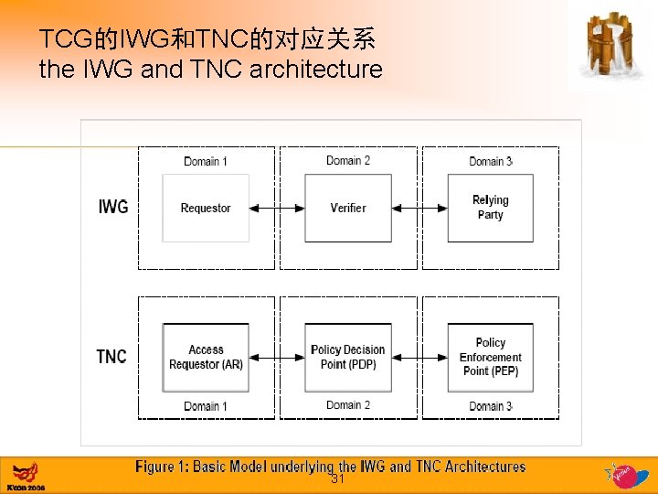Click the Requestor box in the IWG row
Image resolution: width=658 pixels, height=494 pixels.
pos(206,208)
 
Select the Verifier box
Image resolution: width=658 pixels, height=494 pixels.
pos(348,208)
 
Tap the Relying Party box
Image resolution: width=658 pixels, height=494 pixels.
pos(490,208)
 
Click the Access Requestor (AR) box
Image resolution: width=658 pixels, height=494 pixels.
pos(206,357)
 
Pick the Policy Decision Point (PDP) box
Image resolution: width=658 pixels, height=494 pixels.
pos(348,357)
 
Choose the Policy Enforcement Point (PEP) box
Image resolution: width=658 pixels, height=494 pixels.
pos(490,357)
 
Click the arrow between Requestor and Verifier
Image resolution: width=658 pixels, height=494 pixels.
pos(277,209)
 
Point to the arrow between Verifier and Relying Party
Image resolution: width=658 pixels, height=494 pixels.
pos(419,209)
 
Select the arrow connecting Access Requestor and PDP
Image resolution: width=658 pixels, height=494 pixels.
pos(277,358)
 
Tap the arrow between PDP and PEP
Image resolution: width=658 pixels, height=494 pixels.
pos(419,358)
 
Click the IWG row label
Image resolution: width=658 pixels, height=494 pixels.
pos(113,208)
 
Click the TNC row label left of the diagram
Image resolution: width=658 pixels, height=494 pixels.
pos(111,357)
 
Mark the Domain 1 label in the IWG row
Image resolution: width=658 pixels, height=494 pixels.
pos(206,161)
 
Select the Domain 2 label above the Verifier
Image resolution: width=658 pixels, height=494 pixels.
pos(348,160)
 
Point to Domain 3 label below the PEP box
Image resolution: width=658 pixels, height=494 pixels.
pos(491,406)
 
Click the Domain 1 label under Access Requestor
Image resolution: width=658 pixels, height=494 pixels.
pos(206,406)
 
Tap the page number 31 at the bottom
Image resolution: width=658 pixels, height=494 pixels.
pos(337,479)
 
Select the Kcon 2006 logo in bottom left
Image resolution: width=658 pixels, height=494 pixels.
pos(26,477)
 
